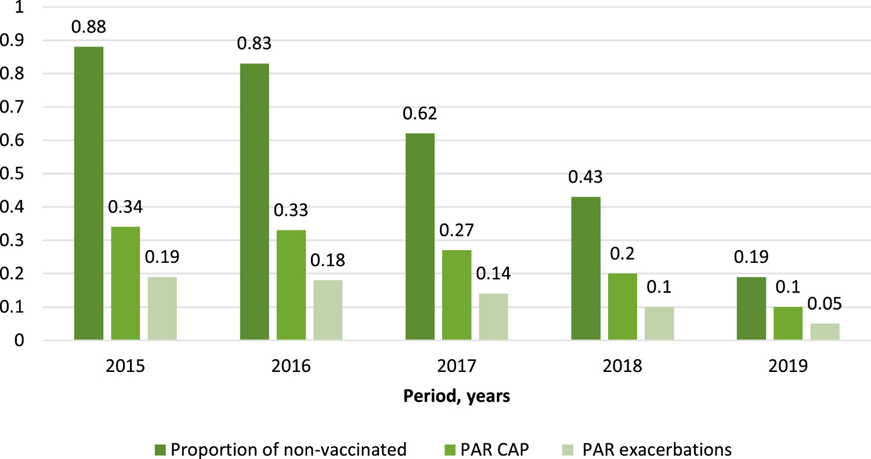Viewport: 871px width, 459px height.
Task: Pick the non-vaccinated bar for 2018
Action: (x=586, y=268)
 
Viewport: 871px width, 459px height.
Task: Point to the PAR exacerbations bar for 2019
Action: (x=825, y=331)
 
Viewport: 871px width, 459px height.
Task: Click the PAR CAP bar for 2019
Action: (x=788, y=323)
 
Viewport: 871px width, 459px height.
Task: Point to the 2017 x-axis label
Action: (x=456, y=367)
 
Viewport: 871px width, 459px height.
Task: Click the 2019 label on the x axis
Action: (x=787, y=367)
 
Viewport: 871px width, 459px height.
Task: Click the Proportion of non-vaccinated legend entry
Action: (x=281, y=449)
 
